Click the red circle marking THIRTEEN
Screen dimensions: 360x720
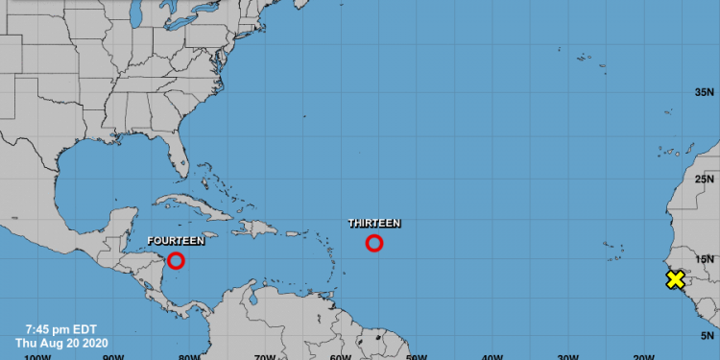click(x=374, y=243)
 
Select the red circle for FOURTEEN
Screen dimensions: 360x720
click(x=176, y=260)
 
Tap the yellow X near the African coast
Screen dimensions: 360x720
click(x=675, y=279)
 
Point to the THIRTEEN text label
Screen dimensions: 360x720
click(x=374, y=223)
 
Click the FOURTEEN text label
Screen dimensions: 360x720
click(x=176, y=240)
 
